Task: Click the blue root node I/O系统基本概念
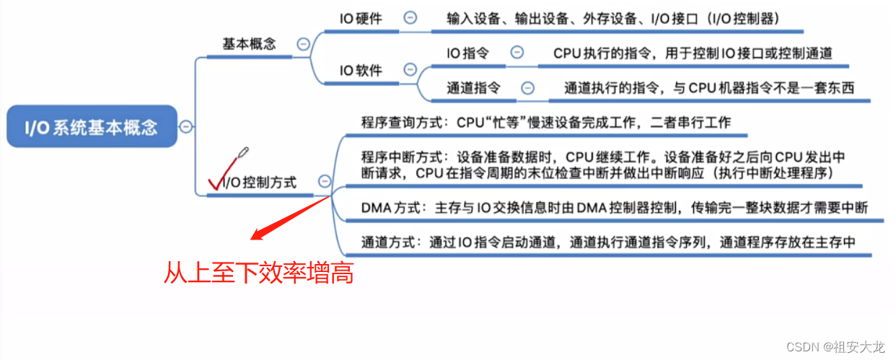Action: (x=91, y=128)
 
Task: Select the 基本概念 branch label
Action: (x=249, y=43)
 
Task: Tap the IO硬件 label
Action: (x=361, y=18)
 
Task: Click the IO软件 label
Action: (x=361, y=70)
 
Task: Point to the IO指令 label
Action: (x=467, y=53)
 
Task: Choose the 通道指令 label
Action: (x=473, y=88)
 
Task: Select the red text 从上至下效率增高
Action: (x=258, y=273)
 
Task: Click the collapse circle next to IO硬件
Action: (x=410, y=18)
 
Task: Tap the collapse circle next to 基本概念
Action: (x=304, y=43)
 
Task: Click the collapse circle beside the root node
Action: (x=186, y=127)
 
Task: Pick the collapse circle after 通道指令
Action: (x=527, y=88)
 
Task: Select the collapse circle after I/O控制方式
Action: (x=325, y=182)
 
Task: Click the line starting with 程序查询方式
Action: (x=545, y=123)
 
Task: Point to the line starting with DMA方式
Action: (x=614, y=208)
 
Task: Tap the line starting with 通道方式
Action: (x=608, y=242)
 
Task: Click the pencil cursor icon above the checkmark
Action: (x=242, y=154)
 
